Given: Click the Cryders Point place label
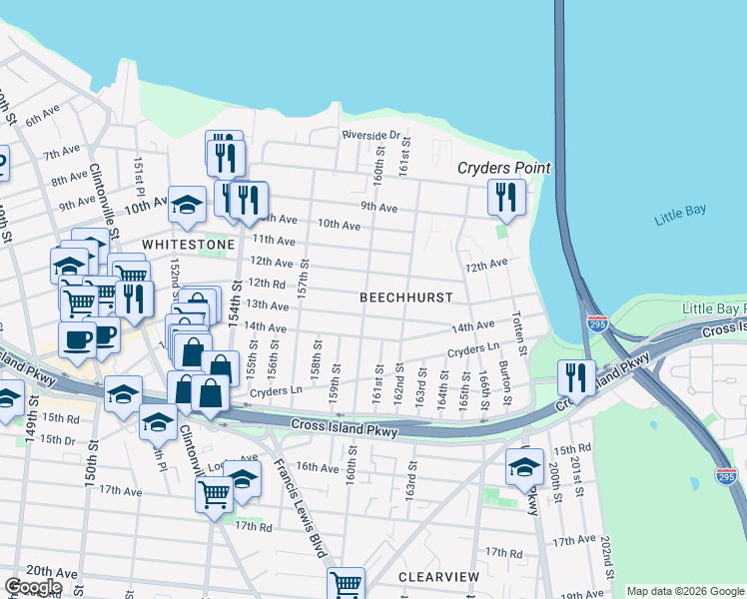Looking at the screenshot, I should [504, 168].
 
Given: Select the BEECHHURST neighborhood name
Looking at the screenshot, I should [405, 298].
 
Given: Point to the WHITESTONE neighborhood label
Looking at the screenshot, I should [188, 244].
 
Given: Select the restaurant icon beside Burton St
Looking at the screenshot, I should [575, 376].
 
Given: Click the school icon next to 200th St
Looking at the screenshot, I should [525, 468].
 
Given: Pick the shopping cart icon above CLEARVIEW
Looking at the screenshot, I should [346, 583].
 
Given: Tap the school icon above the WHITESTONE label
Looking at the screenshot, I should [187, 205].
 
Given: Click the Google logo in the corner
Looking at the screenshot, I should [33, 587].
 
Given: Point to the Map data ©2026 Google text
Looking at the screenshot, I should [685, 591].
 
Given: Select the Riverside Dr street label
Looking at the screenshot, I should [371, 135].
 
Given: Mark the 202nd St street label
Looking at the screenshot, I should [606, 564].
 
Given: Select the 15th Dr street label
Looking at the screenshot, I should [59, 439].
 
